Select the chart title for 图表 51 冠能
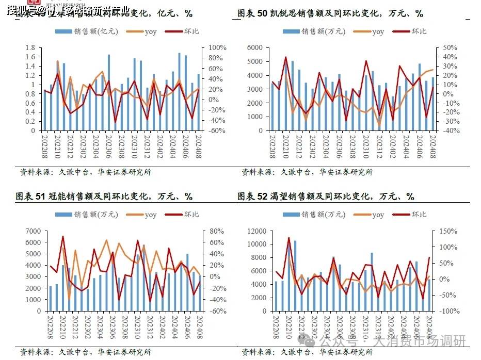(104, 197)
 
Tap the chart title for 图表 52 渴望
(326, 197)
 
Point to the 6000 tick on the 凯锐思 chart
(256, 47)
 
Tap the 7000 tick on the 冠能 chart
(34, 231)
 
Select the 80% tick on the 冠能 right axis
(217, 231)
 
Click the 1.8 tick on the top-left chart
(29, 47)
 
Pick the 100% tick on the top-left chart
(217, 47)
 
